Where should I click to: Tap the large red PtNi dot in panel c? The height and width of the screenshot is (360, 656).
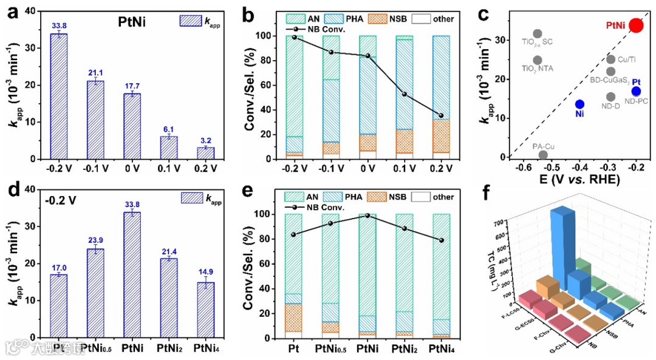click(635, 25)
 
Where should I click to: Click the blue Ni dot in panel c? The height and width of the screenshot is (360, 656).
click(579, 104)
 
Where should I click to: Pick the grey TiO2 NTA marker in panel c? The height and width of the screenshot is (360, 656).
click(537, 60)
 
